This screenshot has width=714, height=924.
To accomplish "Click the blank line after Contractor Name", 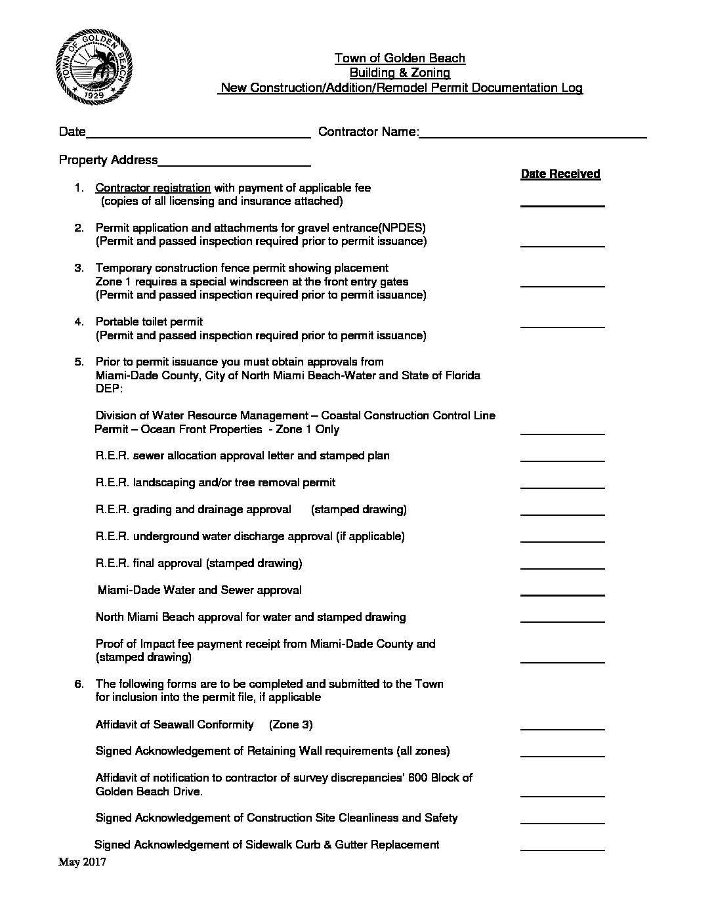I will pos(533,136).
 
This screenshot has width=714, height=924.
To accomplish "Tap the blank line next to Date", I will pos(198,136).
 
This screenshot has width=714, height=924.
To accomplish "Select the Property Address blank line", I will pos(234,164).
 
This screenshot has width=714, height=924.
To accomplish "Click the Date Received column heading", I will pos(560,174).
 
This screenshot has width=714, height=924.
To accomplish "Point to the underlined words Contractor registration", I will pos(153,188).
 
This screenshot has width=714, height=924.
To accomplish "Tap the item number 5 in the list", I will pos(79,362).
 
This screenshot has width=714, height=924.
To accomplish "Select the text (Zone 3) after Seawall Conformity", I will pos(290,724).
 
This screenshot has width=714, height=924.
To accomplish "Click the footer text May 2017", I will pos(82,862).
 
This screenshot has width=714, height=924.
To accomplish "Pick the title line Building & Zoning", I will pos(400,73).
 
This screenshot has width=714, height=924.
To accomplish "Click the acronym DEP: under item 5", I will pos(109,389).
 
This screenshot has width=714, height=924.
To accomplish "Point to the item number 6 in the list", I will pos(79,684).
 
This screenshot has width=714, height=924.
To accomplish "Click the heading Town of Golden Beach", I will pos(400,58).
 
